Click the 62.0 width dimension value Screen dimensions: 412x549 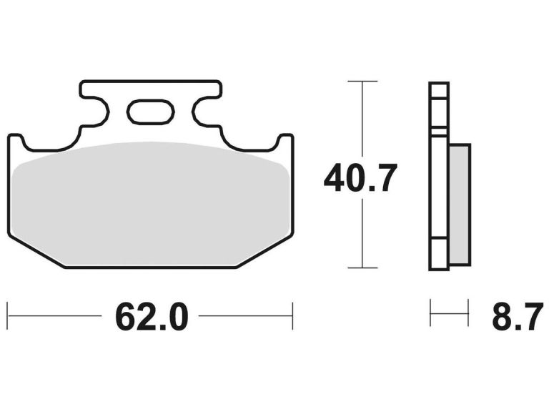(151, 316)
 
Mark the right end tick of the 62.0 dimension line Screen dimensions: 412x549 (292, 315)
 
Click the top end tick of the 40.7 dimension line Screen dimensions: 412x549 (362, 82)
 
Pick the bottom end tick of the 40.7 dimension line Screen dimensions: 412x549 (362, 268)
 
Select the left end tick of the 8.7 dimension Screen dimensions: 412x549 (430, 313)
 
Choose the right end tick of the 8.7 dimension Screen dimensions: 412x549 (468, 313)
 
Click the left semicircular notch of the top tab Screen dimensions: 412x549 (97, 112)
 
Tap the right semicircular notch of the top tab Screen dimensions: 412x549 (203, 112)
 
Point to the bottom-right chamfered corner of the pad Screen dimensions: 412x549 (264, 252)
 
